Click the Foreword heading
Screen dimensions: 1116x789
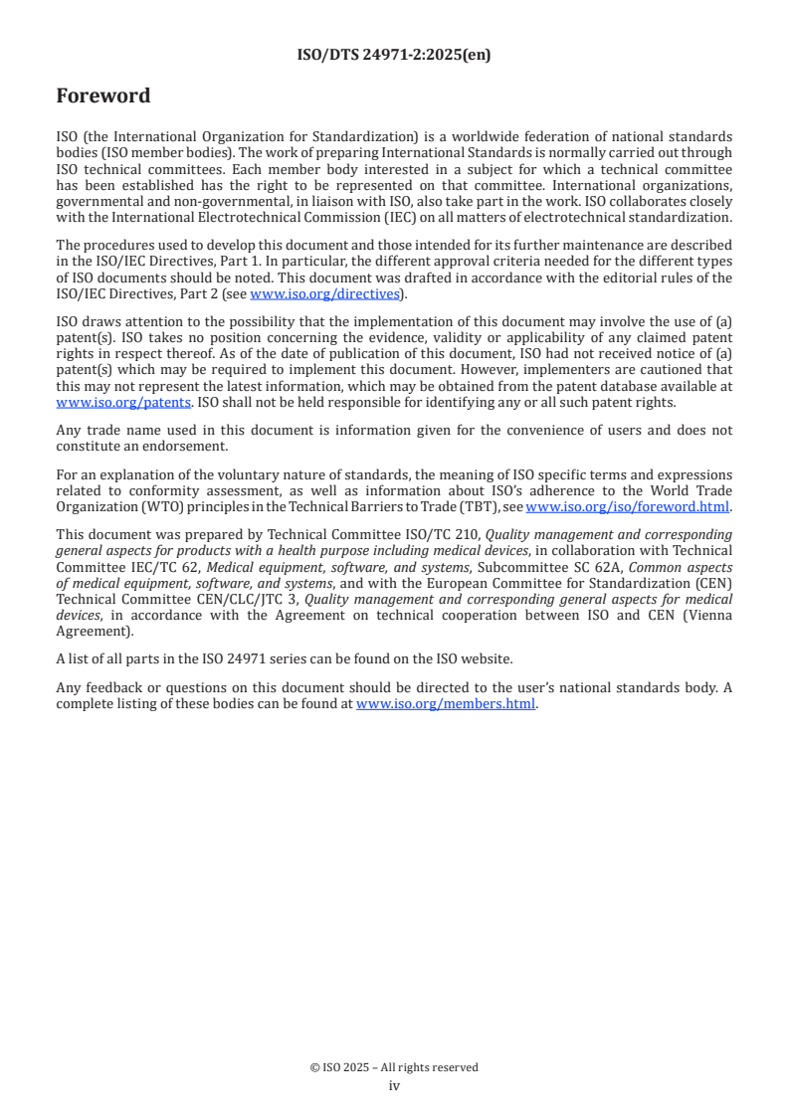(103, 96)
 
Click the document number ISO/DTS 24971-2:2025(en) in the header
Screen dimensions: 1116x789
(394, 56)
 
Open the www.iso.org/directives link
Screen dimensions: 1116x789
(324, 293)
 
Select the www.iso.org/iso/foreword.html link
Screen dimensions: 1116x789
(628, 506)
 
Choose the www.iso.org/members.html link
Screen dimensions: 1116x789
(446, 703)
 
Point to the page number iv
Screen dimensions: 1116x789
(394, 1085)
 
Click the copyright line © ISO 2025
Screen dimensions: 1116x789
(394, 1067)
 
